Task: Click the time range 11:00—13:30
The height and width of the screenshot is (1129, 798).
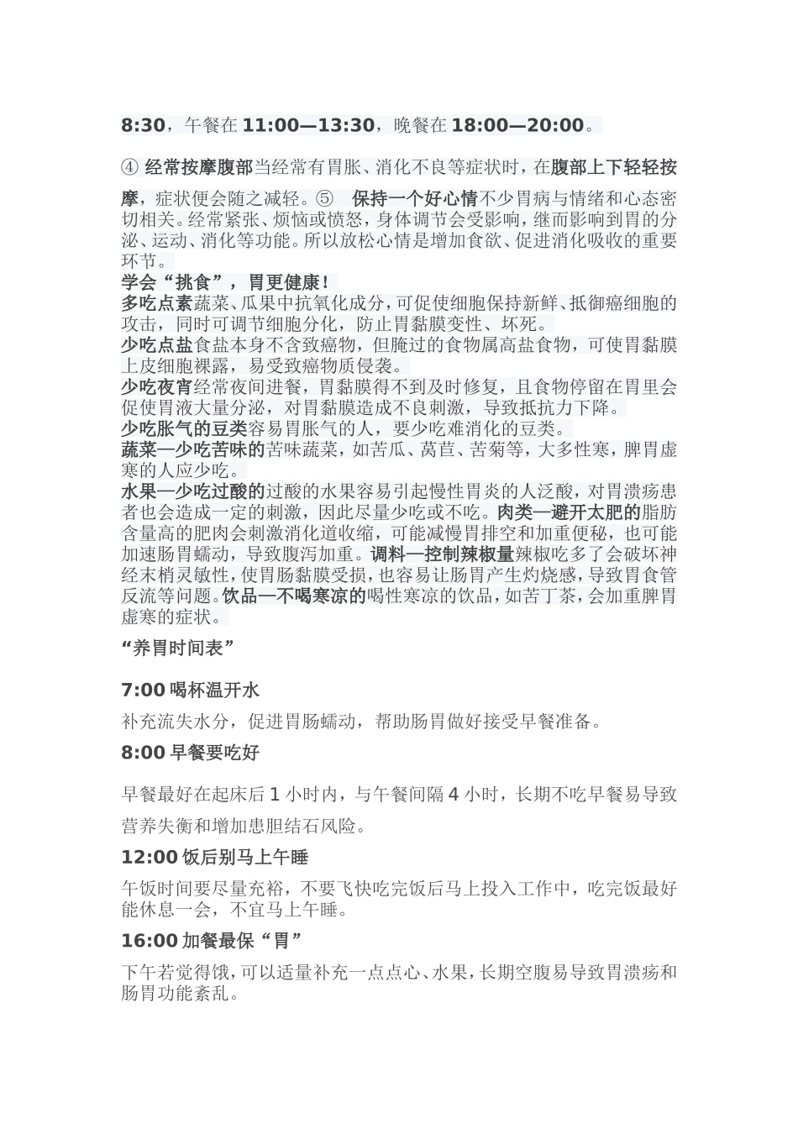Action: pos(308,126)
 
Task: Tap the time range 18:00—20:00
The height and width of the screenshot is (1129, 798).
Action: pos(517,126)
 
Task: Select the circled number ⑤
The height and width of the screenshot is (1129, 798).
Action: pos(324,200)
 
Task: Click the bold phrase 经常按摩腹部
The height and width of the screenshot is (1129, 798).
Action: pos(199,168)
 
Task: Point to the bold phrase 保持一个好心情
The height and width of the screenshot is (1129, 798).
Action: pos(415,200)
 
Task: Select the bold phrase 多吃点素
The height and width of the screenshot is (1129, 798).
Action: pos(157,303)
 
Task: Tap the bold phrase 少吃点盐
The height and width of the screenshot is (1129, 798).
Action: pos(157,345)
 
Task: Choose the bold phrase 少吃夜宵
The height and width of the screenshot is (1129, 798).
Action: pos(157,387)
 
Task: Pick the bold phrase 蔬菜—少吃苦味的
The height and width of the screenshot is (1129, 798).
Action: pos(193,449)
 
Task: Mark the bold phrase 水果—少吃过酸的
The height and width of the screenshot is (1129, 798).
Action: pos(193,491)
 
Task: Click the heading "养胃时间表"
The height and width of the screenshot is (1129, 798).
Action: pos(177,648)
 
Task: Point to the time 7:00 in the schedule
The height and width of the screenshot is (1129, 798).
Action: pos(143,691)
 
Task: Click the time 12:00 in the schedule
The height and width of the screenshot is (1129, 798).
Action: pos(149,858)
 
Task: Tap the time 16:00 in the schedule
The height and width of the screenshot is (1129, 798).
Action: pos(149,941)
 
